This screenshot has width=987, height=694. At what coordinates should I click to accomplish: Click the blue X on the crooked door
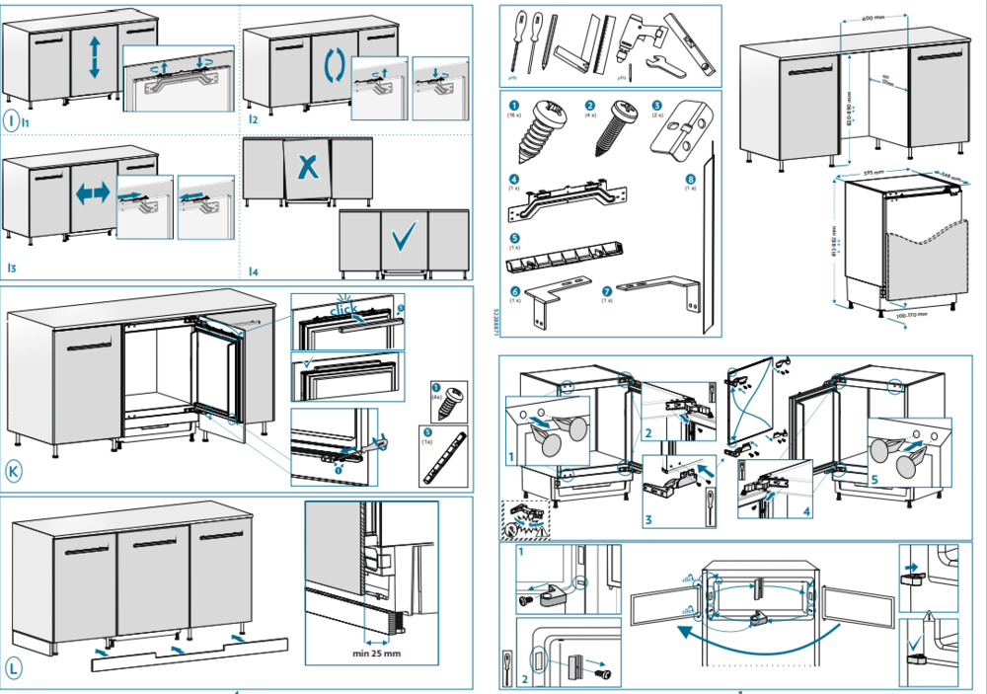pyautogui.click(x=308, y=168)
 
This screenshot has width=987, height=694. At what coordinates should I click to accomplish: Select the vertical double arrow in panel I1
pyautogui.click(x=95, y=55)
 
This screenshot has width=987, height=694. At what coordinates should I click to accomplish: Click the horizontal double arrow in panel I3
pyautogui.click(x=93, y=194)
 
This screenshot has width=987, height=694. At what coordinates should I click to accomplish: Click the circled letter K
pyautogui.click(x=14, y=472)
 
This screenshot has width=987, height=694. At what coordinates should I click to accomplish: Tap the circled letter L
pyautogui.click(x=14, y=668)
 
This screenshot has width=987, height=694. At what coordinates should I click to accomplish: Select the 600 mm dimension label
pyautogui.click(x=870, y=18)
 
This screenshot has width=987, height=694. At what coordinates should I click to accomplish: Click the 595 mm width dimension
pyautogui.click(x=872, y=172)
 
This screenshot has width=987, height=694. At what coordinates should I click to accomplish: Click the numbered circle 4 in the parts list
pyautogui.click(x=513, y=179)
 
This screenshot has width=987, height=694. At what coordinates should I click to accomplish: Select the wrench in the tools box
pyautogui.click(x=660, y=66)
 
